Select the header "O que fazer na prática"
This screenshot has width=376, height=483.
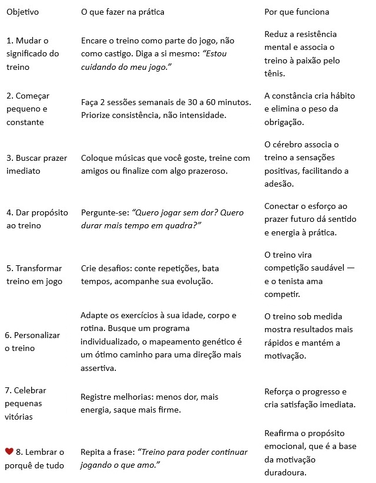[x=122, y=12]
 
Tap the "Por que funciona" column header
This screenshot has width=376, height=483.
[x=297, y=12]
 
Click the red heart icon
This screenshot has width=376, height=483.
[x=9, y=451]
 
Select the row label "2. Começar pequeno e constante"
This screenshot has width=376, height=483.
[x=27, y=109]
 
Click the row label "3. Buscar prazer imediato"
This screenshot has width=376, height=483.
[x=36, y=164]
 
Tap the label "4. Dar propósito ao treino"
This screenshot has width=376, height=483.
[x=36, y=219]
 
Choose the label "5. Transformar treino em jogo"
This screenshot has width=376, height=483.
[x=33, y=275]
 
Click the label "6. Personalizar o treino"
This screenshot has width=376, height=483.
[x=33, y=342]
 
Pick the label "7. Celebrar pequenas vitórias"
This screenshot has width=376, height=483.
[x=27, y=403]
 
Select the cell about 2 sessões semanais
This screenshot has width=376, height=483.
[x=166, y=109]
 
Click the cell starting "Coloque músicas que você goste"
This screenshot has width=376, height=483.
[x=165, y=164]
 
